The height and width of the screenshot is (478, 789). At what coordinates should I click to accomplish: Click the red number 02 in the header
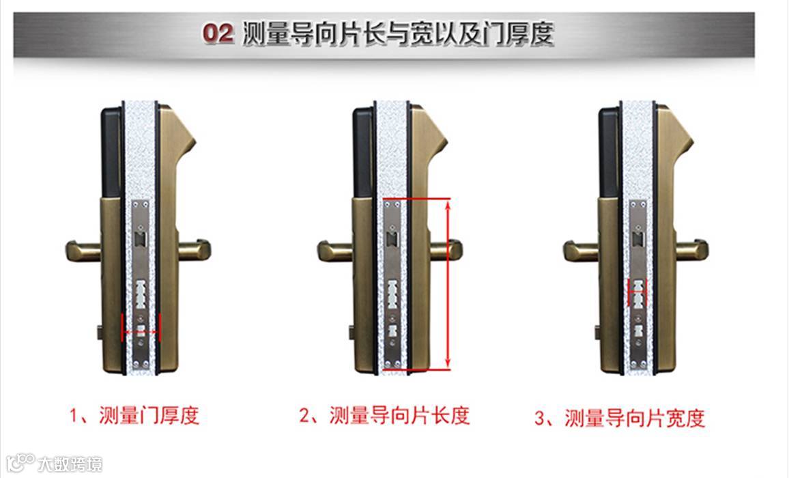point(218,33)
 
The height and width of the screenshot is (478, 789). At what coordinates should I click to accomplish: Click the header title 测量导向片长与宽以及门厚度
point(398,33)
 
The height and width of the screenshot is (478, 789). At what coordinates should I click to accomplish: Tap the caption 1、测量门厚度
point(134,416)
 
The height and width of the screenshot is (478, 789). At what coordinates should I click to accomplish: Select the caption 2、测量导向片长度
point(384,416)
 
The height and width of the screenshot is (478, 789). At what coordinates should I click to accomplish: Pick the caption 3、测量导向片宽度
point(620,418)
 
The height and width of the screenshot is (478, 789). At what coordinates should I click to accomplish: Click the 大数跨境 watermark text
point(70,464)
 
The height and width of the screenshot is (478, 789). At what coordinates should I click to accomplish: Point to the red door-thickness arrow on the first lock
point(141,331)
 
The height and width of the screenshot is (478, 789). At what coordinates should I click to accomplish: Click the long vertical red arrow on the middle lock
point(448,284)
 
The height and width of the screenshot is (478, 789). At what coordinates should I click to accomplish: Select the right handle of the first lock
point(195,250)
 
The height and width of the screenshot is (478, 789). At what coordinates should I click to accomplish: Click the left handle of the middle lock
point(335,251)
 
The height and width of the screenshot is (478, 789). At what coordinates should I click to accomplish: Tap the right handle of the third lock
point(692,250)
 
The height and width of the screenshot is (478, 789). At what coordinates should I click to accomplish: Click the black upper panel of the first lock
point(111,151)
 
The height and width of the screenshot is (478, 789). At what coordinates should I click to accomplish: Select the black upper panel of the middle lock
point(363,151)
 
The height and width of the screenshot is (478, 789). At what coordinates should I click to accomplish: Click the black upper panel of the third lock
point(609,151)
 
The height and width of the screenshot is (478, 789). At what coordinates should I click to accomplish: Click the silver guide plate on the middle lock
point(392,284)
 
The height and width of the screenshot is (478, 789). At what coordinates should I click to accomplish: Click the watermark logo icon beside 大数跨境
point(20,462)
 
